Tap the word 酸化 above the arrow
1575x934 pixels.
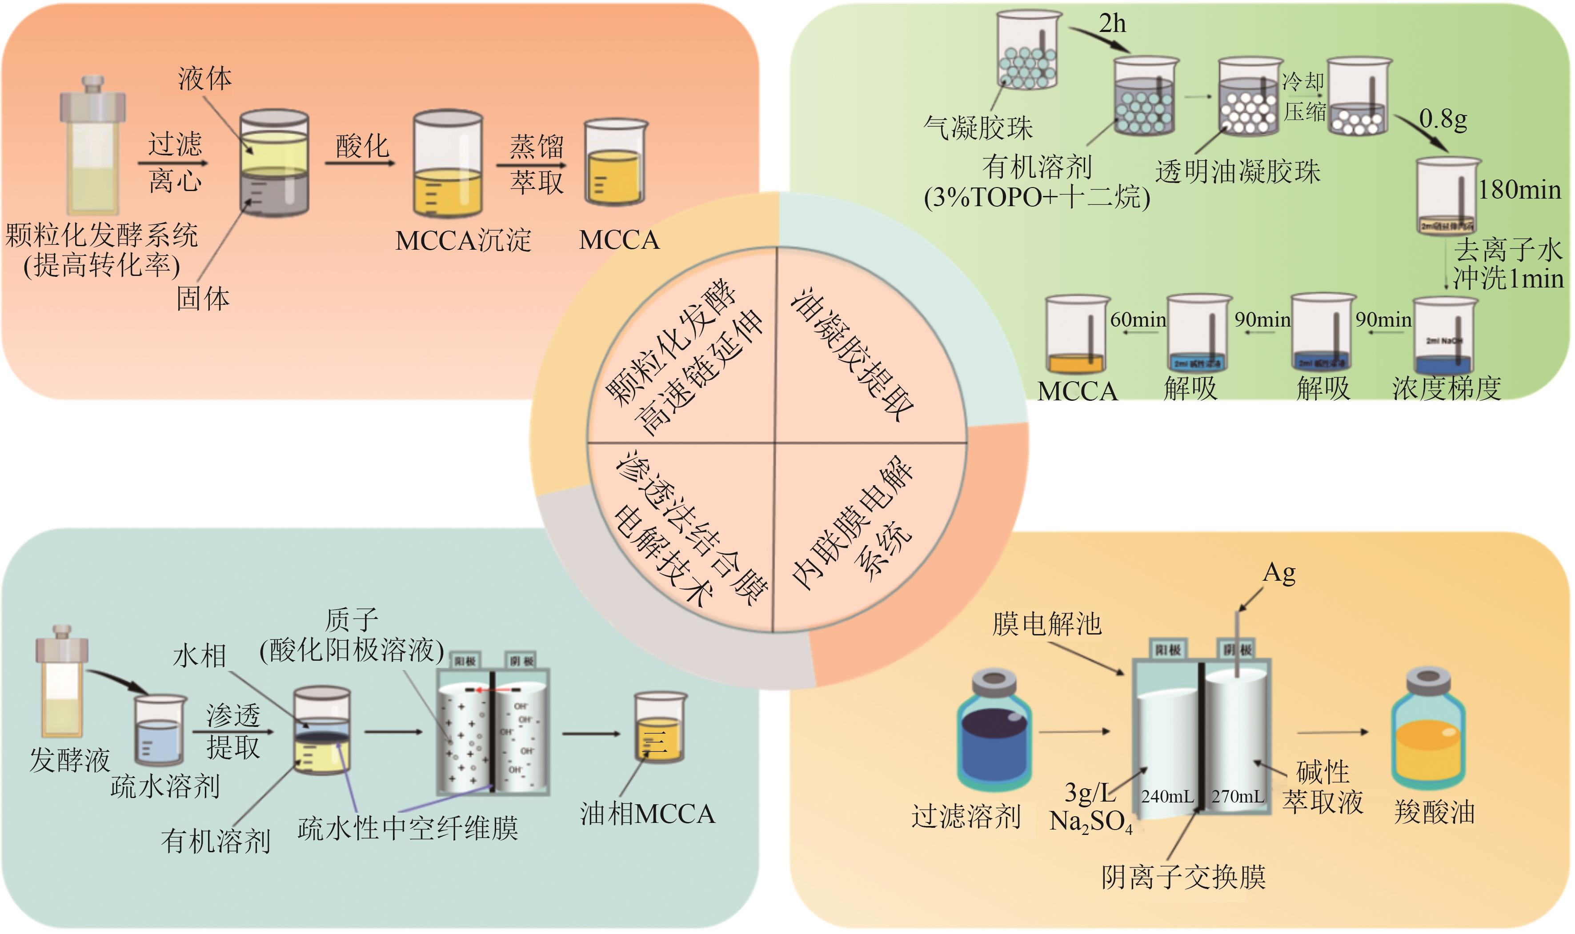coord(362,146)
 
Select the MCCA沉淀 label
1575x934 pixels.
coord(463,240)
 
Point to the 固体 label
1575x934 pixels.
coord(203,298)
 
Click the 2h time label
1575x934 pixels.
coord(1112,24)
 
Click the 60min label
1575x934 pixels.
coord(1138,320)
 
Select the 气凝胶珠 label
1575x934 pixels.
coord(978,128)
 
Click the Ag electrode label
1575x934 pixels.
coord(1279,573)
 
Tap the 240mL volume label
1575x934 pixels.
coord(1167,797)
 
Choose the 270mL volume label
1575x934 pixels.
coord(1238,797)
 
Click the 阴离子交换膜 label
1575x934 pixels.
coord(1183,877)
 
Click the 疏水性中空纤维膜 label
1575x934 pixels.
coord(408,828)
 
